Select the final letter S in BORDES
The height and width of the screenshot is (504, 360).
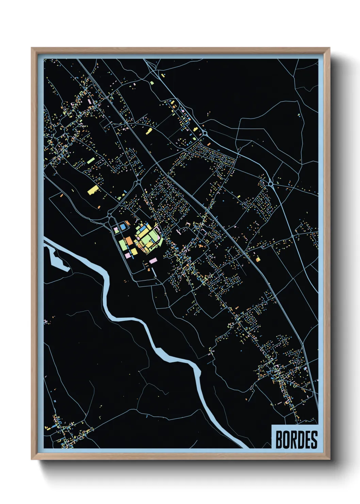tap(314, 440)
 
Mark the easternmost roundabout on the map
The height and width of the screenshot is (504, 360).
tap(271, 184)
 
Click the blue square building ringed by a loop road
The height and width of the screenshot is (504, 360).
tap(123, 226)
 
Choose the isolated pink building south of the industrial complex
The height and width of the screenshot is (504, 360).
tap(153, 261)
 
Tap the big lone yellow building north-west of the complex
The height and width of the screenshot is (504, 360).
tap(93, 190)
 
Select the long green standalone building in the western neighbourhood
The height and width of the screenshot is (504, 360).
tap(90, 160)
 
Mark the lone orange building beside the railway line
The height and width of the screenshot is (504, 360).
tap(258, 259)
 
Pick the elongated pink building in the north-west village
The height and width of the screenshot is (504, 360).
tap(90, 101)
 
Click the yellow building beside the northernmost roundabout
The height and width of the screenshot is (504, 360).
tap(195, 129)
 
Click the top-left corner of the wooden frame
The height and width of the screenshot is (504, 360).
tap(32, 48)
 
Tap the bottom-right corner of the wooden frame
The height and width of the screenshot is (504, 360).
tap(330, 459)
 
